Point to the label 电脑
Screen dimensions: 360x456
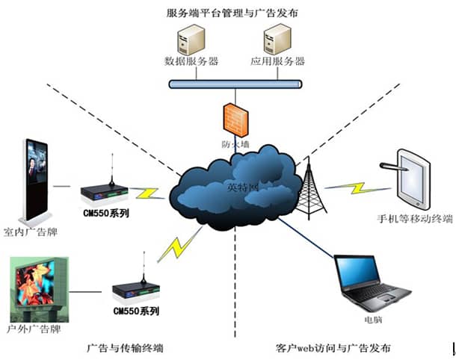[373, 319]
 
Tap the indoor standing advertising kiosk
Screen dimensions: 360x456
[35, 179]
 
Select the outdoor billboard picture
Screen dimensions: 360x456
[38, 288]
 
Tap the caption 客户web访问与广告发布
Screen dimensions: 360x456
[332, 347]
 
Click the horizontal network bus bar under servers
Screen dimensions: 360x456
[233, 84]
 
